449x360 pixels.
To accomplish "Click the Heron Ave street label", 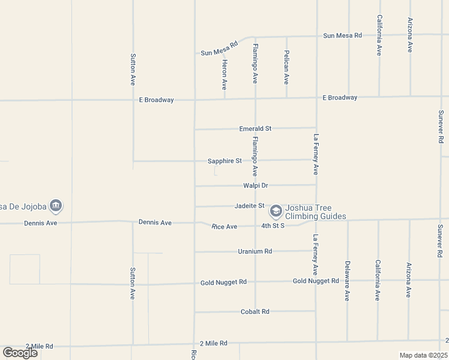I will (x=224, y=74).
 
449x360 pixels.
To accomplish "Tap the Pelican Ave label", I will (x=286, y=67).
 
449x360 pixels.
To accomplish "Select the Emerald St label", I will (x=255, y=128).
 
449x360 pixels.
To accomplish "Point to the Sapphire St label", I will (x=224, y=161).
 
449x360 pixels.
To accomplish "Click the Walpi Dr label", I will (x=255, y=185).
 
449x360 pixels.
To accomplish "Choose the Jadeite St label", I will (x=249, y=206).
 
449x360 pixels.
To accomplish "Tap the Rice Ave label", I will (x=224, y=226).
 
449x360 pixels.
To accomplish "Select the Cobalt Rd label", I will (x=255, y=311).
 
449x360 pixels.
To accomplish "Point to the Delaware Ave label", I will (x=347, y=280).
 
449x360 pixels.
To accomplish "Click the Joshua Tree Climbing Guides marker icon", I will (x=276, y=211).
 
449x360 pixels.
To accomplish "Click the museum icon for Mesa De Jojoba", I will (x=55, y=206).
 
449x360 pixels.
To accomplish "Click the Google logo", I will (x=20, y=352).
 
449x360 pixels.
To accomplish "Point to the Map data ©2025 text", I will (x=423, y=355).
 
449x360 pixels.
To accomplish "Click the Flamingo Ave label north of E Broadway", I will (x=255, y=63).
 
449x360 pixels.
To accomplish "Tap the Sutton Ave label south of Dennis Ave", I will (x=133, y=283).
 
